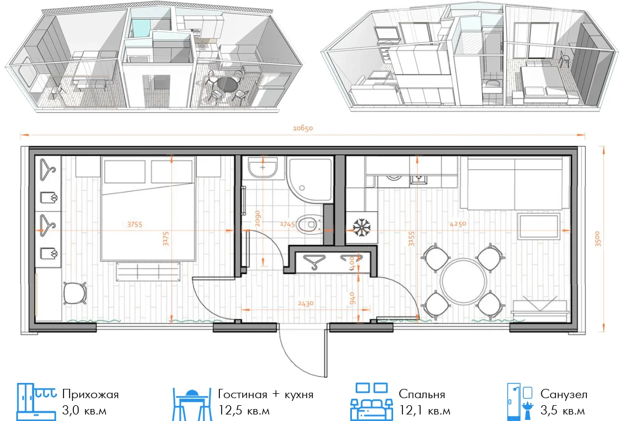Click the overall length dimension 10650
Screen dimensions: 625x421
[303, 128]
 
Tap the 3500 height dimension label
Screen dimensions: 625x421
[597, 239]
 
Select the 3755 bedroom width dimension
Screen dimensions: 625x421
[135, 225]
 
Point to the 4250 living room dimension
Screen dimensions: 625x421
[458, 224]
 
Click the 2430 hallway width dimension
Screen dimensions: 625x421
[306, 304]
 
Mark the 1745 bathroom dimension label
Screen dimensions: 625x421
[287, 225]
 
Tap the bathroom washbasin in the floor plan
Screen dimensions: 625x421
[263, 168]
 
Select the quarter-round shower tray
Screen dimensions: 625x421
[310, 179]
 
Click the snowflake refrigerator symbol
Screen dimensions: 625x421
[362, 227]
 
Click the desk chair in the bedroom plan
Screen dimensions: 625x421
[74, 293]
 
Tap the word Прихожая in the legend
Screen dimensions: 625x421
[91, 395]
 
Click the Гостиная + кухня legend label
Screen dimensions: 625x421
[266, 395]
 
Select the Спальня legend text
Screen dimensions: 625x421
[422, 395]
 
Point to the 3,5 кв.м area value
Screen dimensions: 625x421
[563, 411]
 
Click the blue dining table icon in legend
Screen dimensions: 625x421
[192, 404]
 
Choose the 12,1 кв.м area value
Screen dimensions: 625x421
[425, 411]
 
